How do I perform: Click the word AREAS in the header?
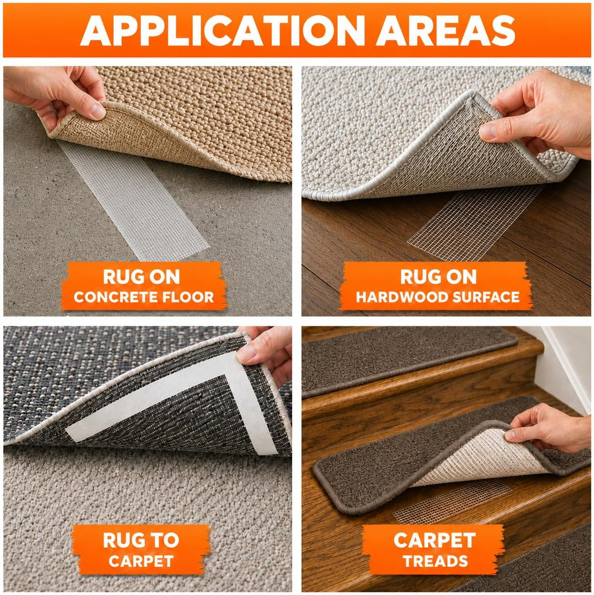click(445, 30)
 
